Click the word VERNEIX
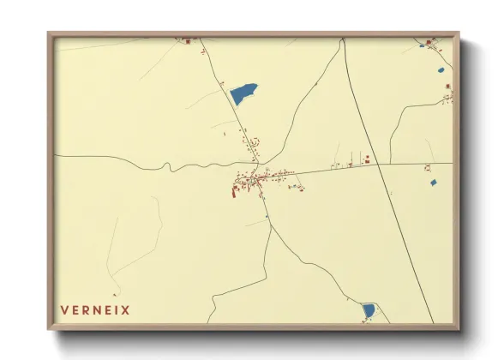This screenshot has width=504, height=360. click(95, 310)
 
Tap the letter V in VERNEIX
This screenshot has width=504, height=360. click(64, 310)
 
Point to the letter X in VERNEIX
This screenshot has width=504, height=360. click(126, 310)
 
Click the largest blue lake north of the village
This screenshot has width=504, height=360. click(243, 93)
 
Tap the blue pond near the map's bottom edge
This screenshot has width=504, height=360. click(368, 309)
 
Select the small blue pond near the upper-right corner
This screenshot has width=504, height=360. click(441, 69)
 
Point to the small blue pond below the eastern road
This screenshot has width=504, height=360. click(432, 183)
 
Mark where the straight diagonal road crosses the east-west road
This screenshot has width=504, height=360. click(377, 165)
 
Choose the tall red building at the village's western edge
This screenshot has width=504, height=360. click(233, 191)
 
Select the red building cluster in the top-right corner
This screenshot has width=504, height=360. click(429, 41)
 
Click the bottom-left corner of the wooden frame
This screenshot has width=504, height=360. click(50, 328)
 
